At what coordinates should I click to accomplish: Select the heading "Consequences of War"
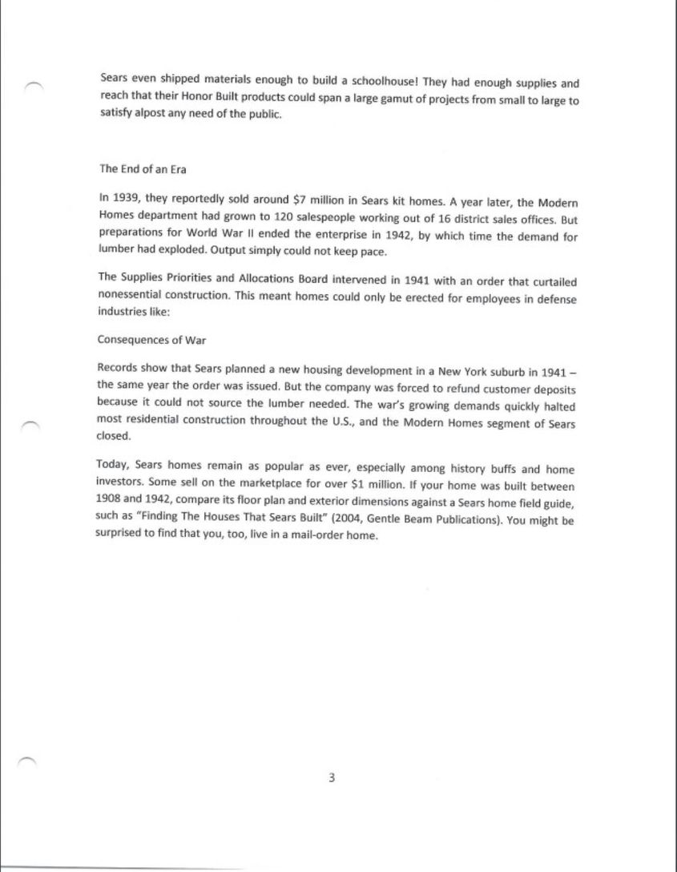pos(151,340)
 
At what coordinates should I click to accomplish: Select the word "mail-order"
pos(323,536)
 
